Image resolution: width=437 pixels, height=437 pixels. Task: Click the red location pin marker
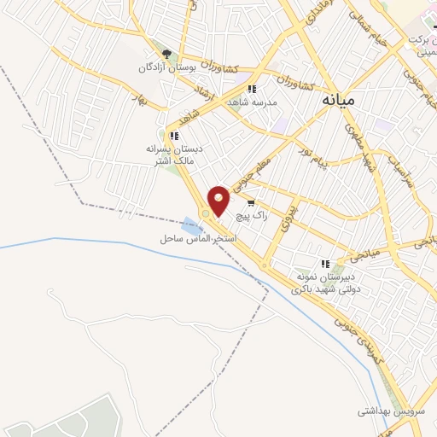pyautogui.click(x=219, y=200)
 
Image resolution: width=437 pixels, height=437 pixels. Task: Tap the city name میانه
pyautogui.click(x=339, y=100)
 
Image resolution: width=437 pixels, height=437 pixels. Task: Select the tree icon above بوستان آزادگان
pyautogui.click(x=166, y=54)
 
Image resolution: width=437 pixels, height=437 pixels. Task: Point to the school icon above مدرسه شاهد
pyautogui.click(x=251, y=89)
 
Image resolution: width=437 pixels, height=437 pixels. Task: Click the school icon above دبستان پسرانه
pyautogui.click(x=174, y=136)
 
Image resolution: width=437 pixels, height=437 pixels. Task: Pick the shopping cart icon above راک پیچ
pyautogui.click(x=251, y=203)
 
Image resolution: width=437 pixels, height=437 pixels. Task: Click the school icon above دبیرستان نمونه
pyautogui.click(x=324, y=264)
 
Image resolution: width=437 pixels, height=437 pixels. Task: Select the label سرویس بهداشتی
pyautogui.click(x=392, y=411)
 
